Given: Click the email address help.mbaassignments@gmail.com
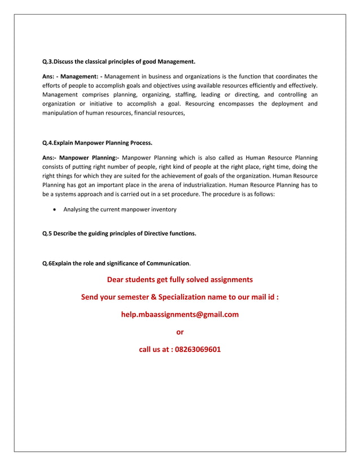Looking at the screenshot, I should coord(180,314).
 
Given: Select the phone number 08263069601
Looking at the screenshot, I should coord(197,349).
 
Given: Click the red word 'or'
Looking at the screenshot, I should coord(180,332).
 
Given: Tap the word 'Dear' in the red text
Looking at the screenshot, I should coord(117,279).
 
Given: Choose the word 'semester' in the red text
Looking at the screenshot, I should coord(134,297).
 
